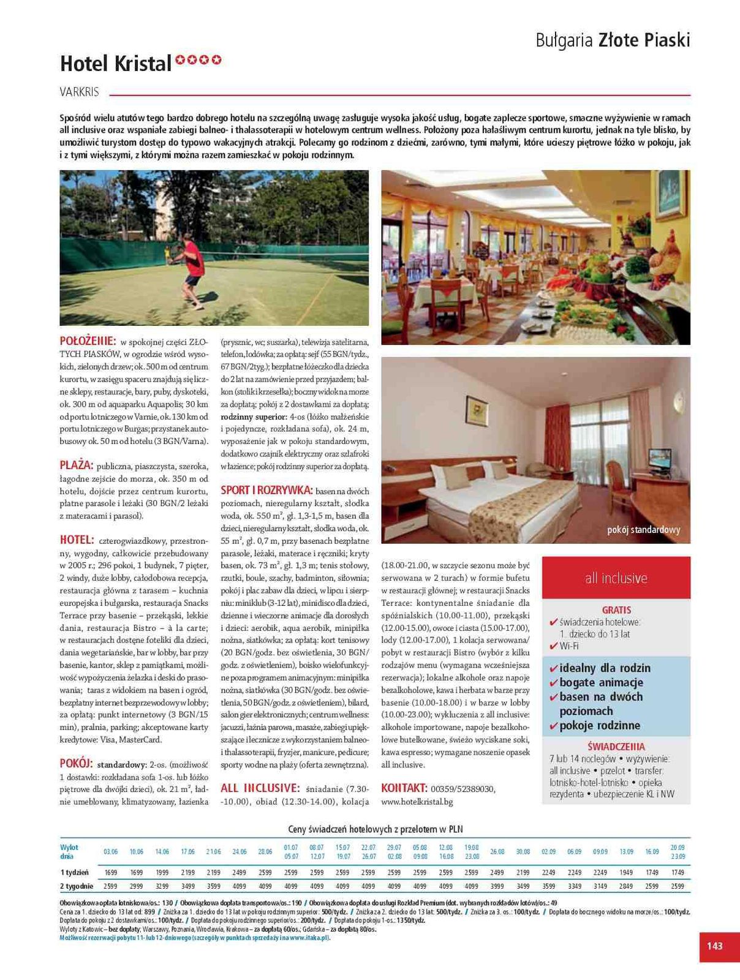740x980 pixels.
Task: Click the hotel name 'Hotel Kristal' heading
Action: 116,64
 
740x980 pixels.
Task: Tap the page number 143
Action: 714,946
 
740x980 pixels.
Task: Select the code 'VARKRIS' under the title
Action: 80,92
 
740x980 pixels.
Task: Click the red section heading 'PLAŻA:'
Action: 77,465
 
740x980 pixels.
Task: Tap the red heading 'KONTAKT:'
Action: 404,788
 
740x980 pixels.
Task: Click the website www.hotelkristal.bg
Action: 417,801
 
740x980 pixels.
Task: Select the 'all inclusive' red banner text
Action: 616,578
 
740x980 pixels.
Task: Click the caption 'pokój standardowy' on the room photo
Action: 643,530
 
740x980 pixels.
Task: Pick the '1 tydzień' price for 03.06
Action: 111,872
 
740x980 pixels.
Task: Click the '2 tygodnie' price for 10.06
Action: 136,886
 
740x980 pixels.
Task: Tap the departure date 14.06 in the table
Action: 162,851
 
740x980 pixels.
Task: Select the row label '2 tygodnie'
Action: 77,886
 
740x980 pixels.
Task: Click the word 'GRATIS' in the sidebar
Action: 616,610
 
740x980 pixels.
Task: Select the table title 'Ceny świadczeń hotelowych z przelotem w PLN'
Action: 376,829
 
